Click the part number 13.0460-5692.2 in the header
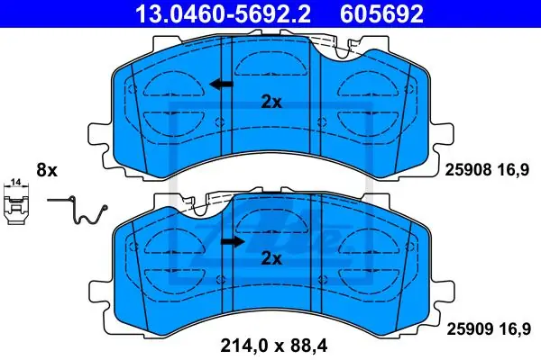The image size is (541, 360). click(x=224, y=13)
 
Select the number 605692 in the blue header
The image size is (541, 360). click(x=381, y=13)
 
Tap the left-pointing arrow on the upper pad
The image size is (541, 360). click(x=221, y=84)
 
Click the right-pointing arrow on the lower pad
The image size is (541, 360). click(x=233, y=242)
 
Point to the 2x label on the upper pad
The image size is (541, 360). click(x=271, y=102)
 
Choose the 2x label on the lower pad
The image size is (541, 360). click(x=271, y=258)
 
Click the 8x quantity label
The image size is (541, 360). click(x=47, y=170)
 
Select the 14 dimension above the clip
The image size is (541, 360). click(x=16, y=182)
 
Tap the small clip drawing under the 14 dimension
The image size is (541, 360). click(x=16, y=206)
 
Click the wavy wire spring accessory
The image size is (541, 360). click(x=78, y=210)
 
